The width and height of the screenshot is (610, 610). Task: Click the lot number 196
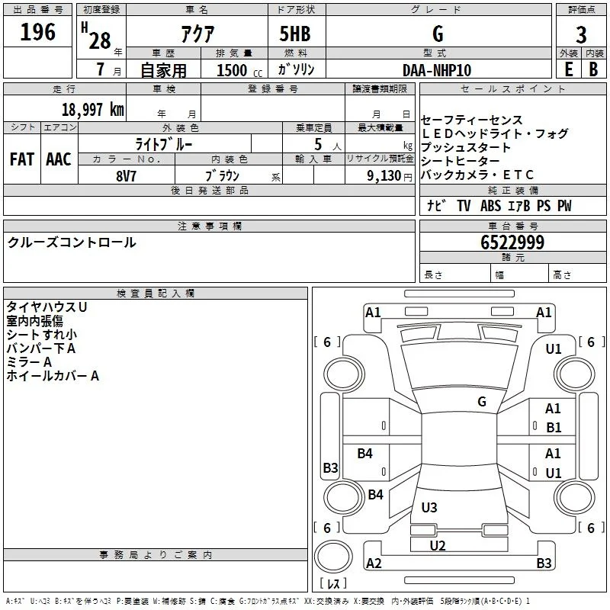pyautogui.click(x=37, y=32)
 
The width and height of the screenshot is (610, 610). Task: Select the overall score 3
pyautogui.click(x=581, y=35)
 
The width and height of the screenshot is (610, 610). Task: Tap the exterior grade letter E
pyautogui.click(x=569, y=69)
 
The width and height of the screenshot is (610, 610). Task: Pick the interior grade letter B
pyautogui.click(x=593, y=69)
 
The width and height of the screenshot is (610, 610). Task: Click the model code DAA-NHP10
pyautogui.click(x=437, y=70)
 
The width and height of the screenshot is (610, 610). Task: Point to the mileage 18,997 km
pyautogui.click(x=93, y=110)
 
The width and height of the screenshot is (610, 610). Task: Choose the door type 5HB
pyautogui.click(x=295, y=34)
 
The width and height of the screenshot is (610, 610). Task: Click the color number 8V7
pyautogui.click(x=126, y=176)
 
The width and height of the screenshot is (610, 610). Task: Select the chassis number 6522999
pyautogui.click(x=512, y=242)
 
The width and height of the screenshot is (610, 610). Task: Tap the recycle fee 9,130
pyautogui.click(x=384, y=176)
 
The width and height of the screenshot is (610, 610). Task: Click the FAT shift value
pyautogui.click(x=22, y=159)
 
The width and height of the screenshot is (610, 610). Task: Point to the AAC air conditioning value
pyautogui.click(x=59, y=159)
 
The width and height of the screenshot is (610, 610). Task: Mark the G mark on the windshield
pyautogui.click(x=482, y=401)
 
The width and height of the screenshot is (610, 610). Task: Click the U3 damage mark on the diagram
pyautogui.click(x=429, y=507)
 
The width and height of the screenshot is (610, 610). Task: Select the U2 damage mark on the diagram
pyautogui.click(x=438, y=545)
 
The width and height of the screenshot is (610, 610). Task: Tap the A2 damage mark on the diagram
pyautogui.click(x=374, y=563)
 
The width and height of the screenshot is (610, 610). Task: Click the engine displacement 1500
pyautogui.click(x=232, y=70)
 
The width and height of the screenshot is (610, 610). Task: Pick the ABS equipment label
pyautogui.click(x=490, y=206)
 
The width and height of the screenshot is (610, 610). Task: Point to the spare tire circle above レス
pyautogui.click(x=333, y=557)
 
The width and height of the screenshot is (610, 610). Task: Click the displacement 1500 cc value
pyautogui.click(x=239, y=70)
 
